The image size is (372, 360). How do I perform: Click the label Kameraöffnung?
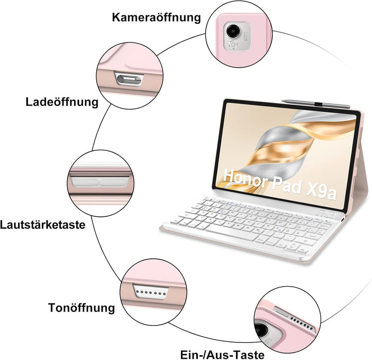coord(157,18)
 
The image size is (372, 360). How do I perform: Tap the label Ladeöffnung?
coord(62,102)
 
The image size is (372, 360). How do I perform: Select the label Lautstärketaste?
coord(43,225)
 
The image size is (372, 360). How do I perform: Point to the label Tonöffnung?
coord(82,308)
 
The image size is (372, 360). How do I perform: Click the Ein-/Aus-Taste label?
coord(222,354)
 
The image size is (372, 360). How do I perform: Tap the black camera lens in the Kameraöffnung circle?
coord(233,30)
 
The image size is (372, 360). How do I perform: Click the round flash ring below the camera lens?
coord(233,44)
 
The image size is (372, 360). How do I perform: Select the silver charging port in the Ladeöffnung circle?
coord(129,79)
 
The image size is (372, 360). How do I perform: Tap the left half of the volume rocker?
coord(85,182)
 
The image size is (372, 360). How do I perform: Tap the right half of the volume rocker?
coord(113,182)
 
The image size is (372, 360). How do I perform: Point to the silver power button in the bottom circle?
coord(282,311)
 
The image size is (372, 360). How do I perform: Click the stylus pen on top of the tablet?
coord(316,104)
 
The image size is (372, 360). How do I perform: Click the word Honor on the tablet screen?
coord(246,178)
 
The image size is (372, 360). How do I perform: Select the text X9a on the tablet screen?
coord(321,191)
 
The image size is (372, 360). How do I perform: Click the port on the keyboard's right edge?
coord(343,220)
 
